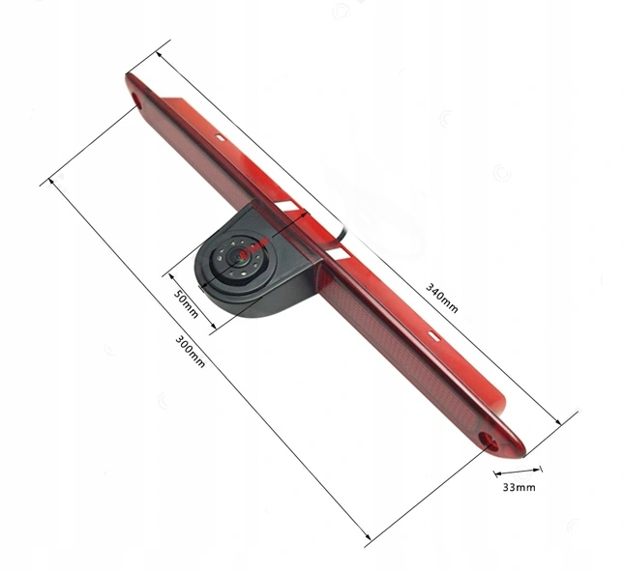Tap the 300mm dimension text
click(x=191, y=350)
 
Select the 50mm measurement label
click(x=187, y=302)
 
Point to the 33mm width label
click(x=520, y=488)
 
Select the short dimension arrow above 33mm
click(x=512, y=473)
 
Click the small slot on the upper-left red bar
click(x=222, y=137)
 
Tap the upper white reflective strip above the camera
click(x=290, y=209)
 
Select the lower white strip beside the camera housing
click(x=338, y=250)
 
